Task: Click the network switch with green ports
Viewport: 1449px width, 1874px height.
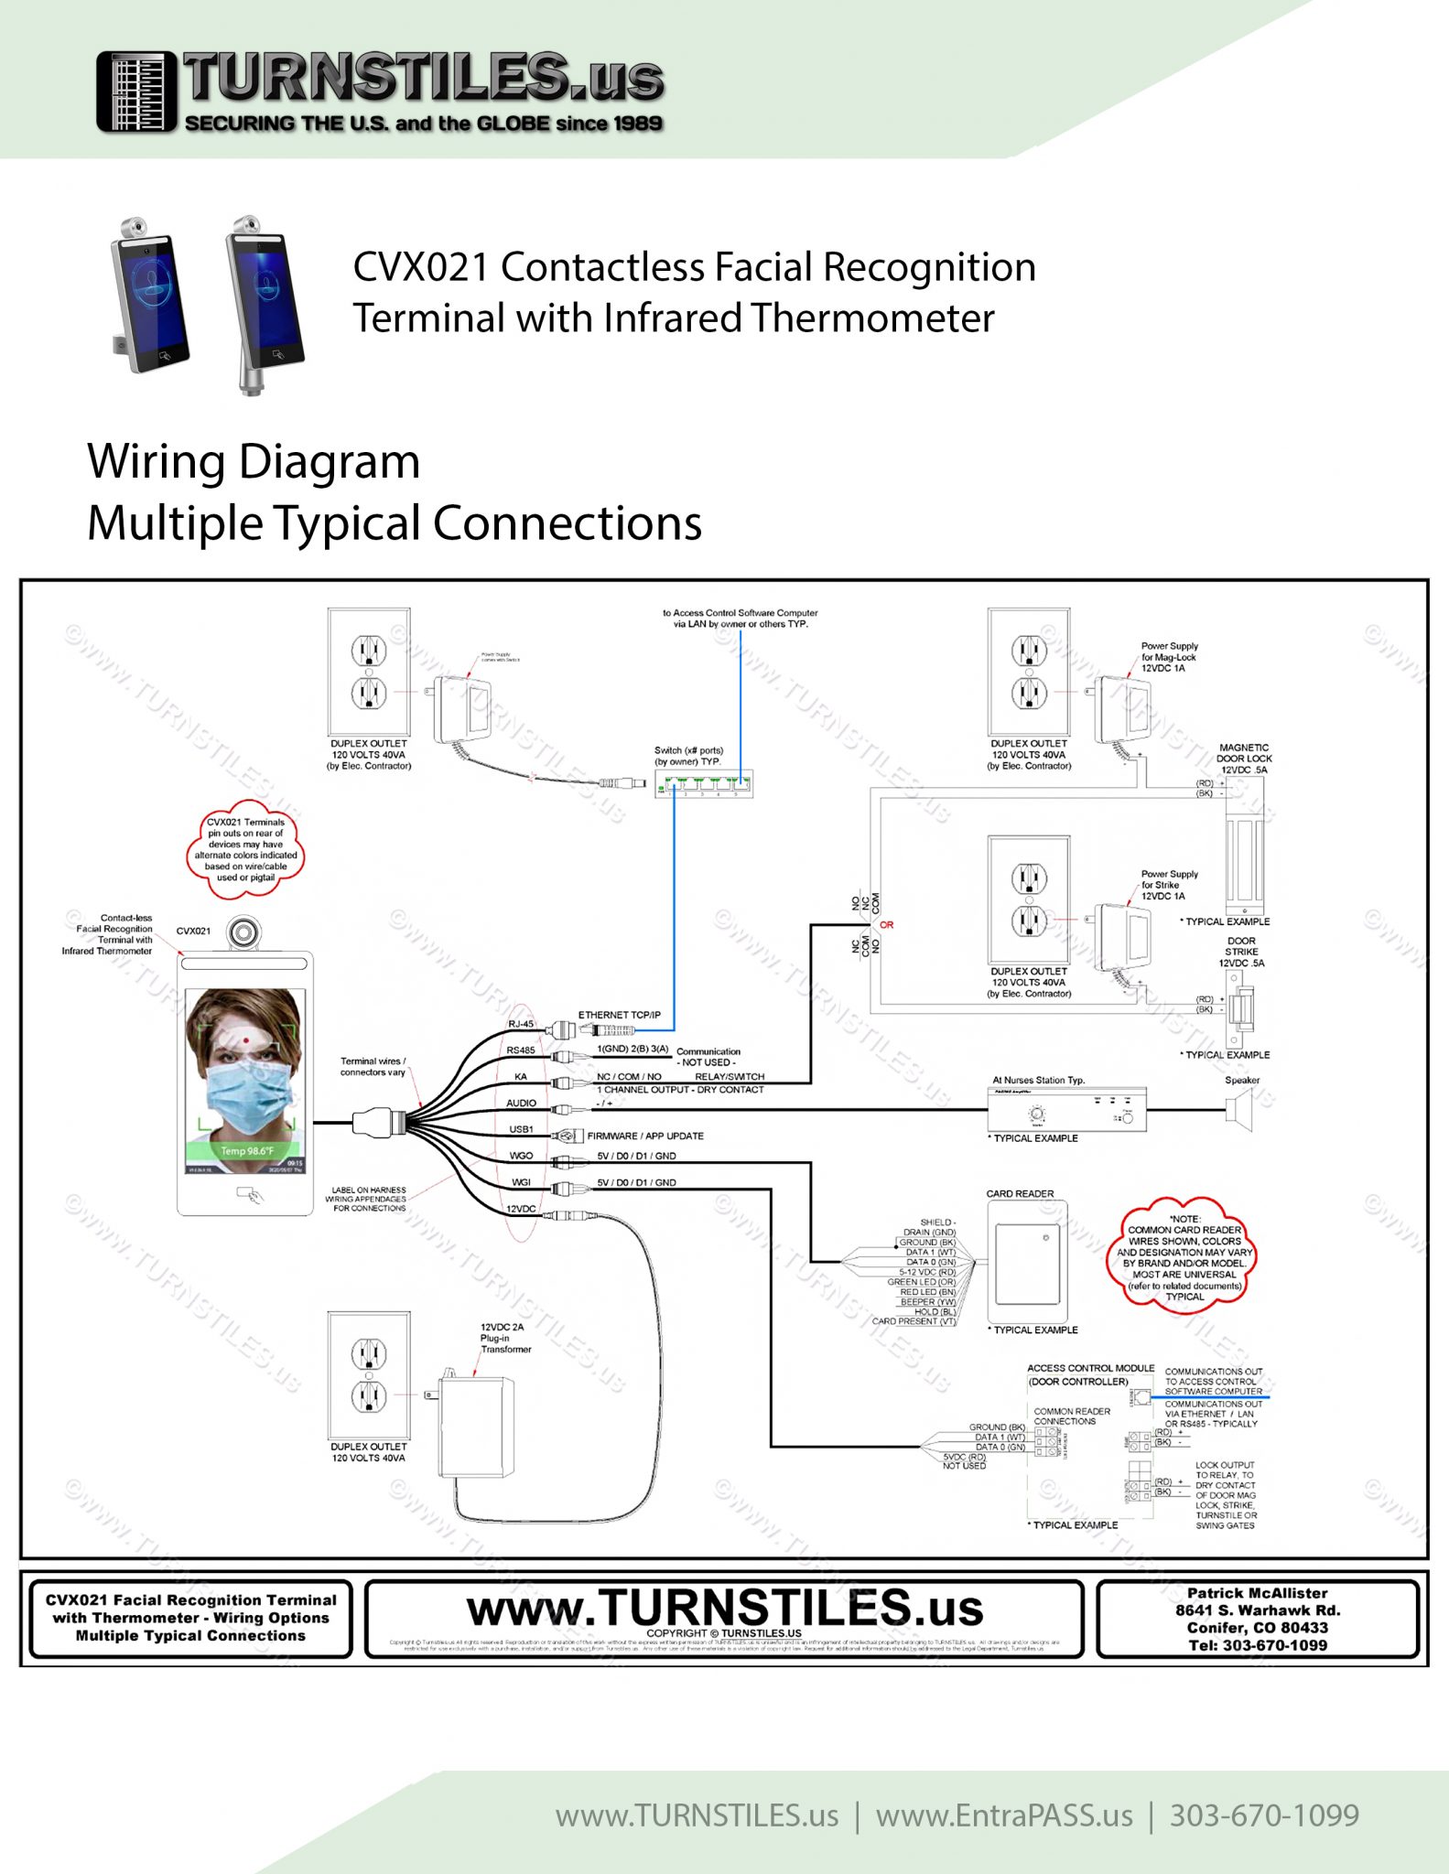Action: pyautogui.click(x=704, y=783)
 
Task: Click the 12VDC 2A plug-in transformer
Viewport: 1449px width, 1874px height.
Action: pyautogui.click(x=477, y=1427)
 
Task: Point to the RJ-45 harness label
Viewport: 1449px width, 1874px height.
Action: pyautogui.click(x=521, y=1024)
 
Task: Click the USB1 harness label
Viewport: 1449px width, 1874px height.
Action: pyautogui.click(x=521, y=1129)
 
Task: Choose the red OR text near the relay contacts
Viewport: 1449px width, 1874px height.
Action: pyautogui.click(x=886, y=925)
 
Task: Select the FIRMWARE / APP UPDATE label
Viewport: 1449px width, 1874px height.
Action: pyautogui.click(x=645, y=1136)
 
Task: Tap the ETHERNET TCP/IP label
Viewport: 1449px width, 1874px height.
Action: pyautogui.click(x=619, y=1015)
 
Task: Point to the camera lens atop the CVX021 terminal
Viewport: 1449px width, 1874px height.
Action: pyautogui.click(x=243, y=932)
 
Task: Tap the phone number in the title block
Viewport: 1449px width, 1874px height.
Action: pyautogui.click(x=1258, y=1644)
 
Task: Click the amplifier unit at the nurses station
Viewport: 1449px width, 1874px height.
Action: pyautogui.click(x=1066, y=1110)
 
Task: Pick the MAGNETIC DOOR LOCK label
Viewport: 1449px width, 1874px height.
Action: pyautogui.click(x=1243, y=759)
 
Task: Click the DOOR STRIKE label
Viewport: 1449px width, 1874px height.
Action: pyautogui.click(x=1241, y=952)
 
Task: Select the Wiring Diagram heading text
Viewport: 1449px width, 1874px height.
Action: pyautogui.click(x=254, y=461)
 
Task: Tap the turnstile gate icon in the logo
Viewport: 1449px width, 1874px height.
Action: pyautogui.click(x=136, y=92)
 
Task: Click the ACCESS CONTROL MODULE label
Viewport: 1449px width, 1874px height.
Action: pyautogui.click(x=1090, y=1368)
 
